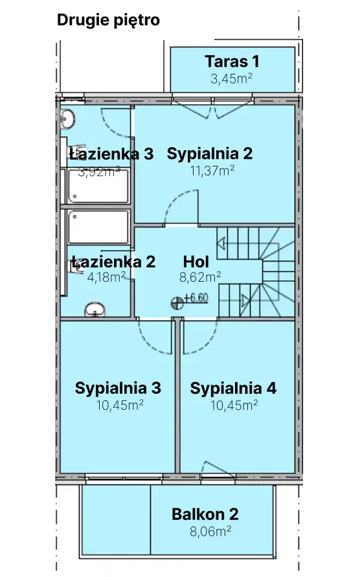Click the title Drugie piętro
coord(108,20)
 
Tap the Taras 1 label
coord(232,62)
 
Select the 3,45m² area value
coord(231,79)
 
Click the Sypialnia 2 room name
coord(209,154)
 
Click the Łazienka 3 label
coord(111,154)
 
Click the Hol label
coord(196,262)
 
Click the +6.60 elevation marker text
coord(196,299)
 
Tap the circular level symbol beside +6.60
coord(177,302)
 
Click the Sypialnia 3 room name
coord(118,389)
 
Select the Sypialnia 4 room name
coord(233,389)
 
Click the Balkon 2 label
coord(205,515)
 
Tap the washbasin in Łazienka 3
coord(68,119)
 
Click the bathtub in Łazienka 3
coord(98,185)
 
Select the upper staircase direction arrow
coord(221,245)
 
